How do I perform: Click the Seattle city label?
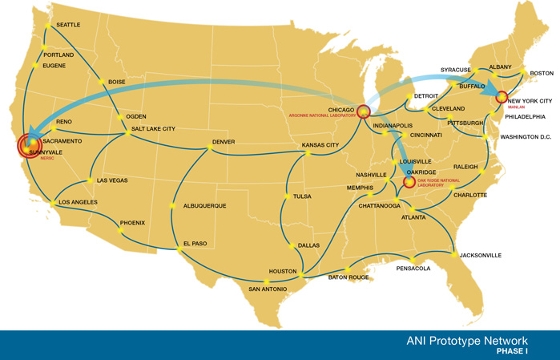pos(68,25)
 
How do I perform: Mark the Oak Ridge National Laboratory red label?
pos(438,183)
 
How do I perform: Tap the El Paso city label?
pos(195,243)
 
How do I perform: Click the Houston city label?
pos(283,271)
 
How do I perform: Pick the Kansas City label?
pos(320,145)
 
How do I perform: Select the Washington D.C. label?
pos(526,137)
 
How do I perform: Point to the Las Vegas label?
pos(112,180)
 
